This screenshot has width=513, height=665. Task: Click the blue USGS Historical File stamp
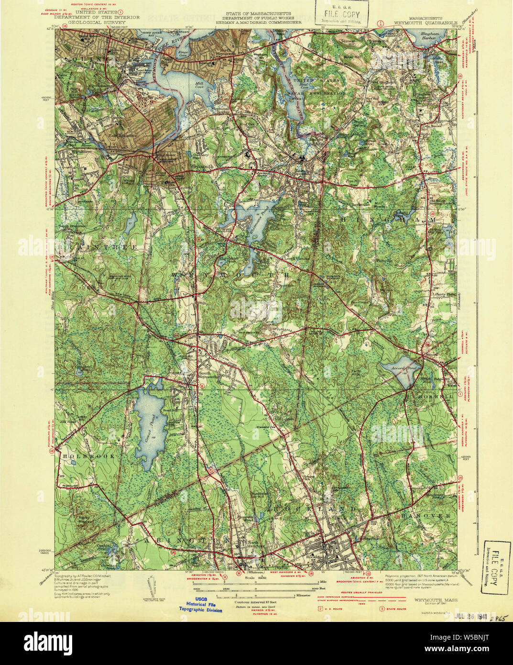pyautogui.click(x=200, y=607)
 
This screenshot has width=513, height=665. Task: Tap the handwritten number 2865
pyautogui.click(x=497, y=618)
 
